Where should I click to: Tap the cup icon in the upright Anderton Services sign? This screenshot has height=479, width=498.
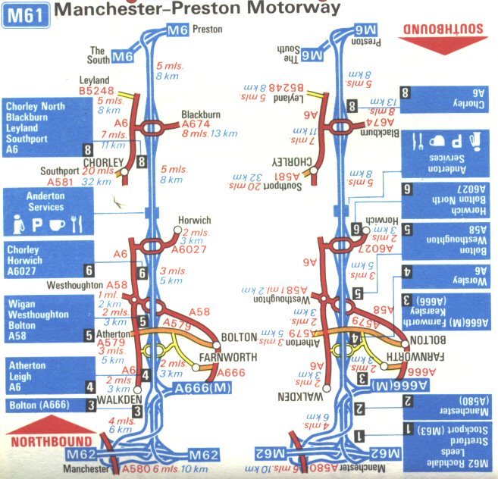click(55, 224)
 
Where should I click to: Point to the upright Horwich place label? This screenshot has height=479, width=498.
click(194, 221)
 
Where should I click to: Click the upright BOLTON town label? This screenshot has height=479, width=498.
click(239, 337)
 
